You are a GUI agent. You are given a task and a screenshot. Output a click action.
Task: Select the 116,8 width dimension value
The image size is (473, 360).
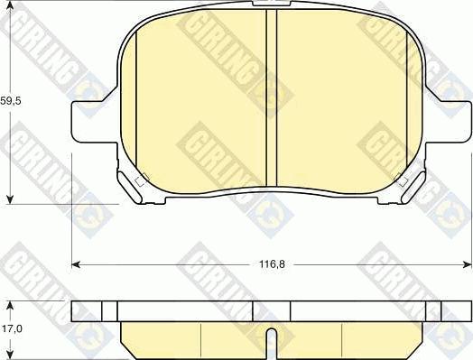coord(272,265)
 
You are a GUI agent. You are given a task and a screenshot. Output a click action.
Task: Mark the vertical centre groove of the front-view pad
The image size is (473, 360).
coord(271,99)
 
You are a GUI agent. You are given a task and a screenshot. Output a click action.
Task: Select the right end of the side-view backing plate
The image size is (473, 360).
coord(465,311)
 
